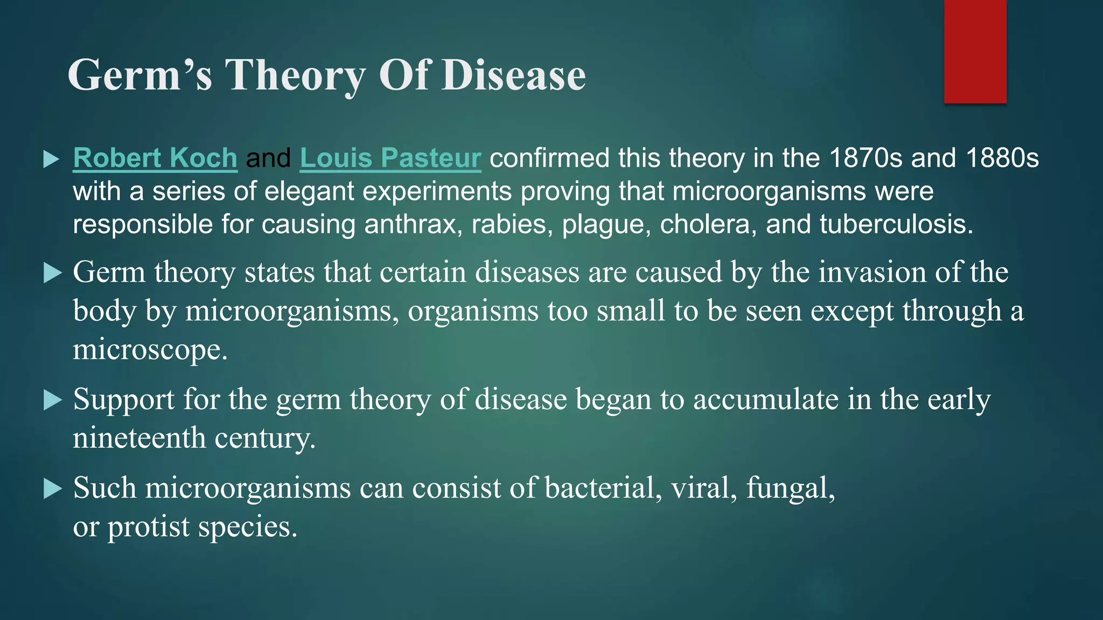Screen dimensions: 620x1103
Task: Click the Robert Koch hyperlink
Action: tap(155, 158)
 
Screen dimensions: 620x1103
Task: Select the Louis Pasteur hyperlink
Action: tap(390, 158)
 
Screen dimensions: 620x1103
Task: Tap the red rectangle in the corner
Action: tap(975, 52)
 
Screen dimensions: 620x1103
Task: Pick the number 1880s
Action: tap(1002, 158)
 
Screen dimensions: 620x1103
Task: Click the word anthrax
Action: tap(413, 224)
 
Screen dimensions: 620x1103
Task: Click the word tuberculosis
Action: tap(896, 224)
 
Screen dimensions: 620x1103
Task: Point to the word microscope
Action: tap(150, 350)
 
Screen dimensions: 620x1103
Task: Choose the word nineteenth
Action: tap(139, 438)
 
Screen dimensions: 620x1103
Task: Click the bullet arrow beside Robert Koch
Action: tap(52, 159)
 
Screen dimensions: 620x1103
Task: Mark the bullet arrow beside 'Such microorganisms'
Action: tap(52, 489)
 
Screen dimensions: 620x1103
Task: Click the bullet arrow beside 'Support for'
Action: tap(52, 400)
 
